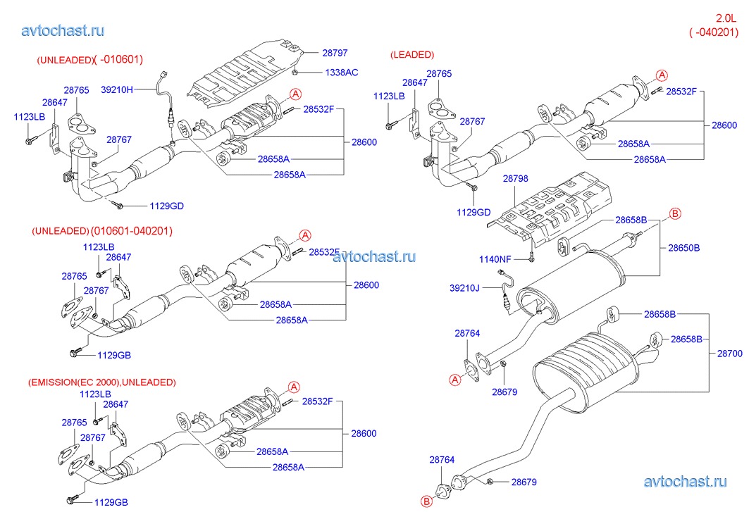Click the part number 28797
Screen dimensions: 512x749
[x=335, y=53]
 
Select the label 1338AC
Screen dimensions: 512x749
[x=341, y=73]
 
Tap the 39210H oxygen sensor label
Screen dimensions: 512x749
[x=116, y=89]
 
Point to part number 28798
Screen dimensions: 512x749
[x=515, y=180]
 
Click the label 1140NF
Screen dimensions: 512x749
[x=494, y=258]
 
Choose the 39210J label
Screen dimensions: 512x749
[x=464, y=287]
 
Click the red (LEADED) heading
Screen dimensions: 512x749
[x=412, y=54]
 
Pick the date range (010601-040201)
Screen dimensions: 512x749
[x=131, y=230]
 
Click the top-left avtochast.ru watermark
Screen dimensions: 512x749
[x=63, y=30]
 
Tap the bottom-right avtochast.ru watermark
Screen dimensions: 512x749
[x=685, y=482]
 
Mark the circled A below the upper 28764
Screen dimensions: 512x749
[x=454, y=380]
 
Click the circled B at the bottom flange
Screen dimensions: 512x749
[x=426, y=501]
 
